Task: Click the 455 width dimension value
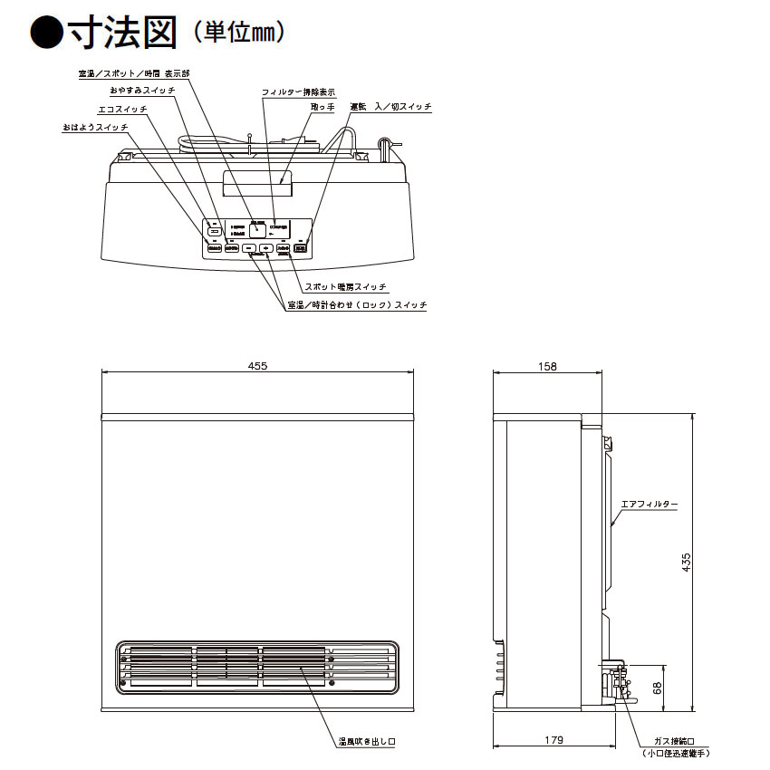[x=257, y=365]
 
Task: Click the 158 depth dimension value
[x=547, y=365]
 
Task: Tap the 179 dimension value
[x=554, y=740]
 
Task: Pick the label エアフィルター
[x=649, y=503]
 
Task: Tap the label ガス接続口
[x=675, y=740]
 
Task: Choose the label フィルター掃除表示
[x=298, y=92]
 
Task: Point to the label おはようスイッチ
[x=95, y=128]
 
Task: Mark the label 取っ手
[x=322, y=107]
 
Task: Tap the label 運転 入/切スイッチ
[x=390, y=107]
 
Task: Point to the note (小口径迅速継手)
[x=675, y=754]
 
